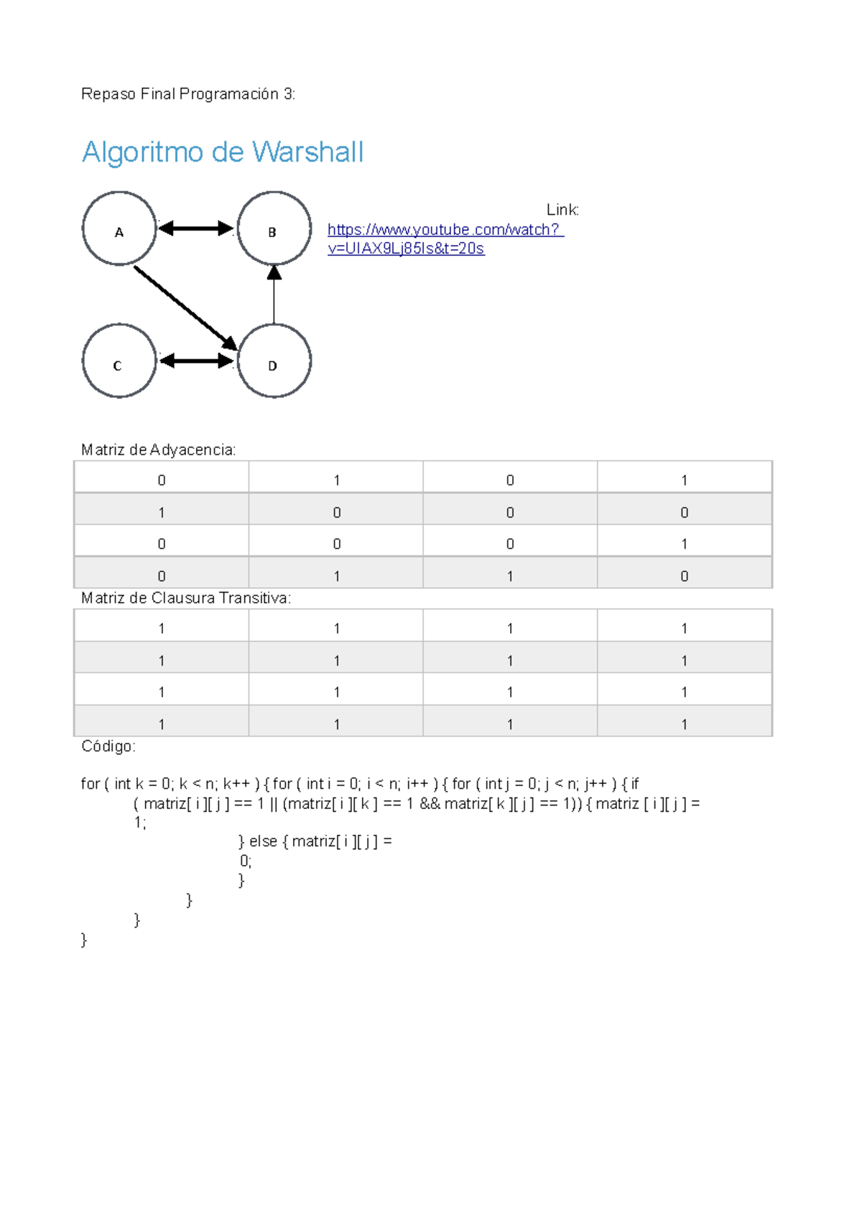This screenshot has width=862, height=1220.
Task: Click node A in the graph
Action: tap(119, 228)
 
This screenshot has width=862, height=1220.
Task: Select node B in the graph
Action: tap(274, 228)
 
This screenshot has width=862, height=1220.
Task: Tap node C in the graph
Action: tap(119, 361)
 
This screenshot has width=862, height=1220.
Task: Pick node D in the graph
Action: tap(274, 361)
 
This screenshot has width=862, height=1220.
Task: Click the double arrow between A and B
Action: tap(195, 228)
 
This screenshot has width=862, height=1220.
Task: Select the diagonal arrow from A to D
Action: tap(185, 308)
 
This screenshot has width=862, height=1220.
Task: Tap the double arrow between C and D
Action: tap(196, 361)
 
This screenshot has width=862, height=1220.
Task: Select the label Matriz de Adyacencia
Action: tap(158, 450)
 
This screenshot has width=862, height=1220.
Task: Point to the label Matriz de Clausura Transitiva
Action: tap(186, 598)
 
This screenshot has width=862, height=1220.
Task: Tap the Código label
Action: tap(108, 747)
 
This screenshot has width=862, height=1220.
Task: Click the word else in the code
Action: tap(263, 841)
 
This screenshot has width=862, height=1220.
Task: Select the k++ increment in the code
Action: tap(236, 784)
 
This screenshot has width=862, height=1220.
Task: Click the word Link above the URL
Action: tap(562, 210)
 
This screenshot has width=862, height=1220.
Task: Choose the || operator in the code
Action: tap(274, 803)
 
